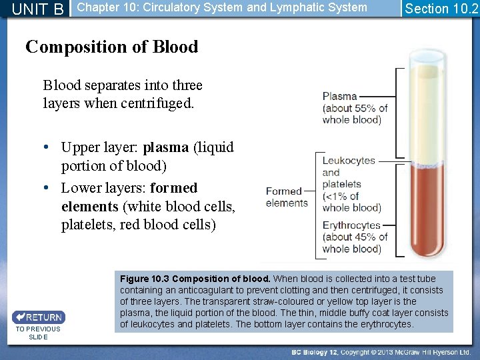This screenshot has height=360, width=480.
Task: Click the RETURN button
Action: click(39, 317)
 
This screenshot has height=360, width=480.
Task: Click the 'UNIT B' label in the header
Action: click(38, 9)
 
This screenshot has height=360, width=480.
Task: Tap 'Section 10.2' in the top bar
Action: click(441, 9)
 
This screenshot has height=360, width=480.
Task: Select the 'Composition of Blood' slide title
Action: click(111, 47)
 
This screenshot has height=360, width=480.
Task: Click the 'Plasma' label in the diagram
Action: click(339, 96)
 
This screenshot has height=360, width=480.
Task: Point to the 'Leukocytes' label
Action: click(349, 161)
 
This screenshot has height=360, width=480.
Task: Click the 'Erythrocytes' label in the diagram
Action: click(351, 225)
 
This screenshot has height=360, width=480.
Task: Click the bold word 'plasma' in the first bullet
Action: click(166, 147)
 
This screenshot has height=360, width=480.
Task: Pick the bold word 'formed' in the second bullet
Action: click(174, 188)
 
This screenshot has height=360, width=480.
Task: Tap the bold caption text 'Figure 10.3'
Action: click(144, 279)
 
